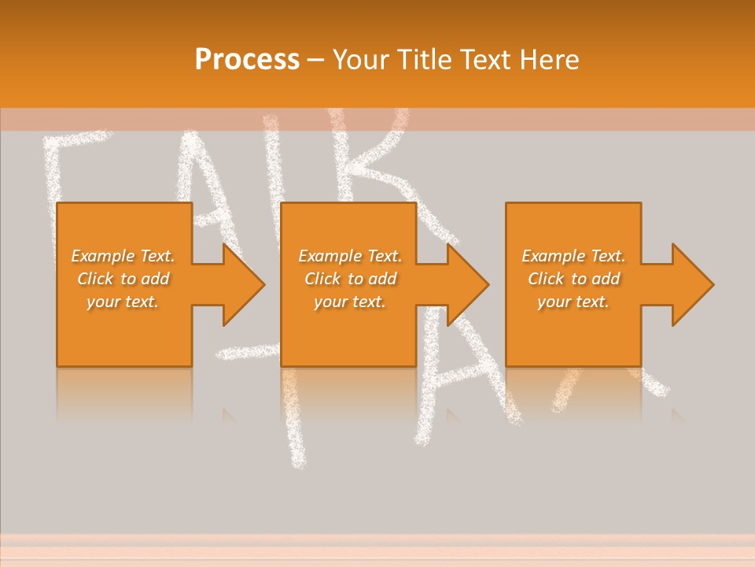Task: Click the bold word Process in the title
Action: tap(247, 59)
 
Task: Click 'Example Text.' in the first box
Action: tap(123, 256)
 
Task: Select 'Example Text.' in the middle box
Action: tap(350, 256)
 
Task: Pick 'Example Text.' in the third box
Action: tap(573, 256)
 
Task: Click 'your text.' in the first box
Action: tap(123, 302)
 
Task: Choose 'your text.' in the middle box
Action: tap(350, 302)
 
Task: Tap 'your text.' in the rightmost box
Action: tap(573, 302)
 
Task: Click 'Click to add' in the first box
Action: tap(123, 279)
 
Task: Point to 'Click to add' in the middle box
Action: tap(350, 279)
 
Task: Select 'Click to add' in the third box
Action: tap(573, 279)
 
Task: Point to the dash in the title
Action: tap(316, 60)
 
